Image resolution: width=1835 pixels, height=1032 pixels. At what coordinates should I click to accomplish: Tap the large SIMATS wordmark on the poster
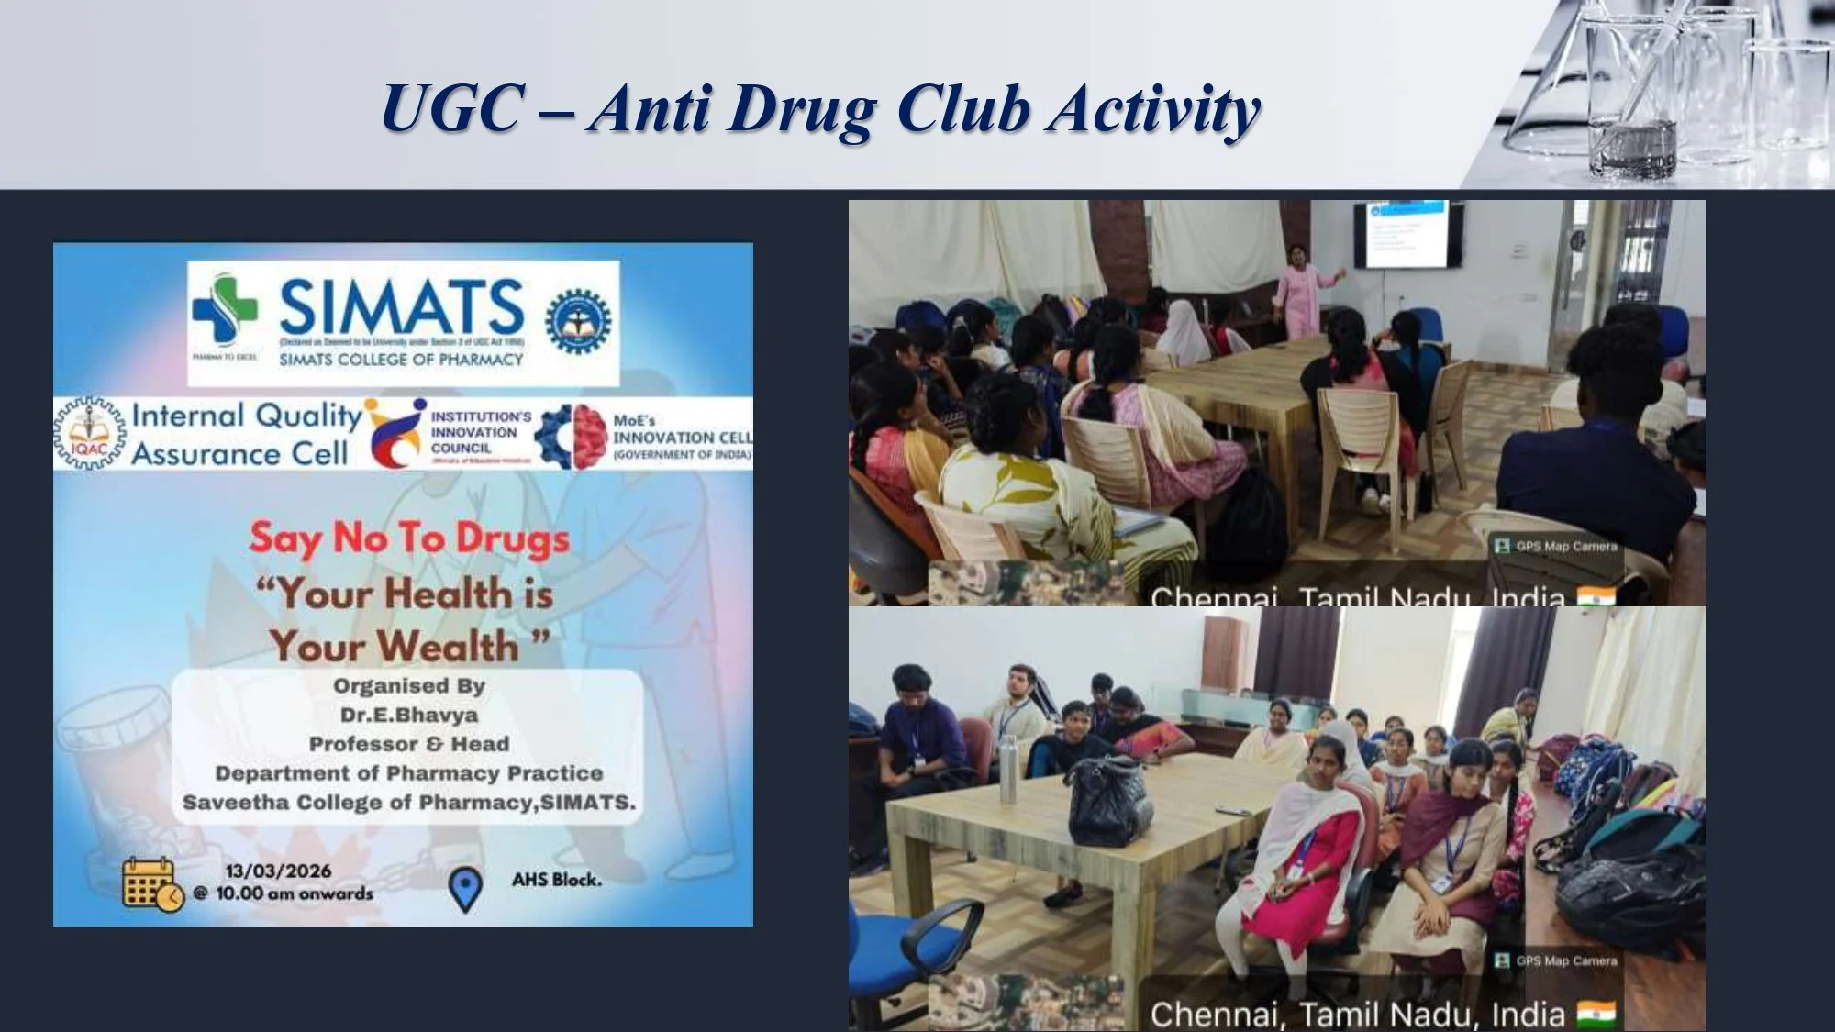401,307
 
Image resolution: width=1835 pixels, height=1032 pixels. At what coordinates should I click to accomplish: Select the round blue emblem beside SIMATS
578,321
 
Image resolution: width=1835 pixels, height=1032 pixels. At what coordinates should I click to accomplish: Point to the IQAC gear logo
90,434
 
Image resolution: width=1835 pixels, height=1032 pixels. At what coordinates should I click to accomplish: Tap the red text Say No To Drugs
409,539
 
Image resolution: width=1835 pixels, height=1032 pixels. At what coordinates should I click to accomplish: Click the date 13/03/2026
279,871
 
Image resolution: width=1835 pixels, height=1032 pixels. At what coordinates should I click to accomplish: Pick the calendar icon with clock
152,883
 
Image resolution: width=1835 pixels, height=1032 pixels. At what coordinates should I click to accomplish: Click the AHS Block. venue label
557,880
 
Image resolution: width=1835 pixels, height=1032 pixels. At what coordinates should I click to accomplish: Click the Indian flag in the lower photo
1596,1013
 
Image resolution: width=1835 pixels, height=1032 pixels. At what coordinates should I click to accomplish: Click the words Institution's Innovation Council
479,432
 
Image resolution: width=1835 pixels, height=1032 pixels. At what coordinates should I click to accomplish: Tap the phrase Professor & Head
409,744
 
